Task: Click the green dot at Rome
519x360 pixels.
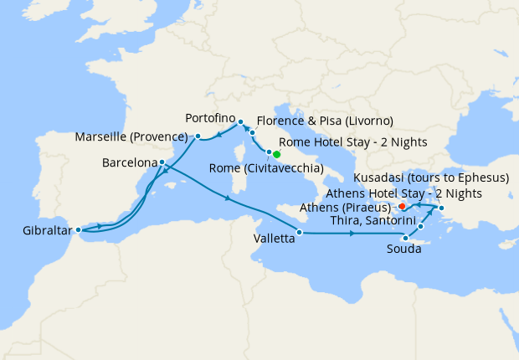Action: click(276, 154)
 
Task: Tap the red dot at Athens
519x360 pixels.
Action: click(402, 206)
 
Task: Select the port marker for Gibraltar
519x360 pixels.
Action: click(78, 229)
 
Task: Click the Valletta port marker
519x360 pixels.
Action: click(299, 231)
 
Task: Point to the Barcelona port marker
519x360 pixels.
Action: click(162, 162)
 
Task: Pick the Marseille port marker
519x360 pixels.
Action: click(198, 136)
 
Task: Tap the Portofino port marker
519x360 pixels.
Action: click(240, 121)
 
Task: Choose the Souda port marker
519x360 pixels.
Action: click(405, 238)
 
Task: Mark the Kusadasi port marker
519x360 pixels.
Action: click(441, 208)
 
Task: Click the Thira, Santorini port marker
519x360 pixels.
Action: click(420, 226)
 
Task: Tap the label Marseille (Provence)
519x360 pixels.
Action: click(130, 136)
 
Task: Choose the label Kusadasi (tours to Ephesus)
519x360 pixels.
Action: click(430, 178)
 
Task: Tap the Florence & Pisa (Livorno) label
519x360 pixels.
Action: click(325, 121)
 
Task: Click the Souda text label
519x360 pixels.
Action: click(404, 249)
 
